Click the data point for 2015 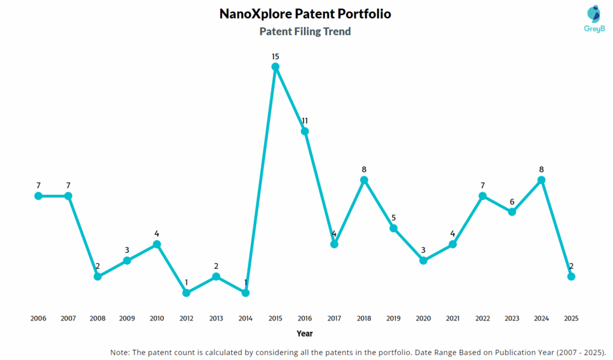pyautogui.click(x=275, y=66)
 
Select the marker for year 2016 pyautogui.click(x=305, y=131)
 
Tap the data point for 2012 pyautogui.click(x=186, y=293)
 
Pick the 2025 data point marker pyautogui.click(x=571, y=276)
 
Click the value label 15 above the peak pyautogui.click(x=275, y=56)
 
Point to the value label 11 pyautogui.click(x=305, y=121)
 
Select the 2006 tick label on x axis pyautogui.click(x=38, y=319)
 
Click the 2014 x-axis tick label pyautogui.click(x=245, y=319)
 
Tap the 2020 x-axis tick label pyautogui.click(x=423, y=319)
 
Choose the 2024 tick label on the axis pyautogui.click(x=541, y=319)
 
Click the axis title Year pyautogui.click(x=305, y=334)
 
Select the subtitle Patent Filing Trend pyautogui.click(x=305, y=32)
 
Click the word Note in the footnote pyautogui.click(x=121, y=352)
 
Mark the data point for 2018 pyautogui.click(x=364, y=180)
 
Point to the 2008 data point pyautogui.click(x=98, y=276)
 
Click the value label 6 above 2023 pyautogui.click(x=512, y=202)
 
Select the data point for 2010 pyautogui.click(x=157, y=244)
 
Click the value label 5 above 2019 pyautogui.click(x=393, y=218)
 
